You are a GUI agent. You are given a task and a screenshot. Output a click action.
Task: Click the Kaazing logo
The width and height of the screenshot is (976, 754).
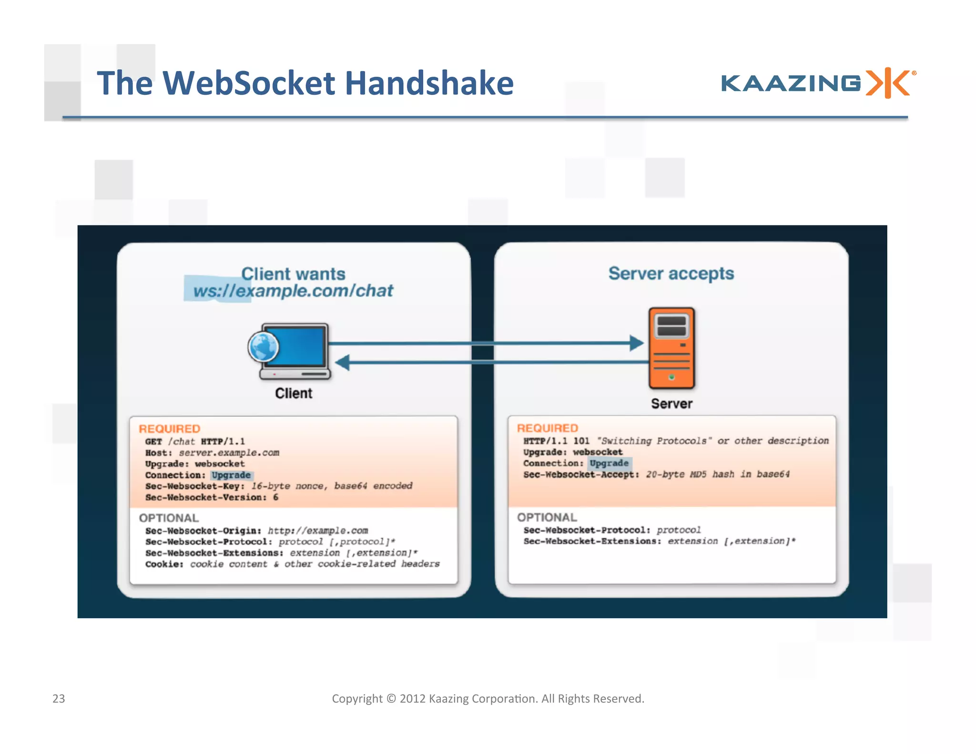click(818, 83)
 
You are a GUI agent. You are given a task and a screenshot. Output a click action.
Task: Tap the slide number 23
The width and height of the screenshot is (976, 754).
click(59, 698)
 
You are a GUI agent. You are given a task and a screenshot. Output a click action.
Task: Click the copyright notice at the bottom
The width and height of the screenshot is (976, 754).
click(488, 698)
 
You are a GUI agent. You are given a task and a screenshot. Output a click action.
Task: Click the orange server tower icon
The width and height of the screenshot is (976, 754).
click(671, 348)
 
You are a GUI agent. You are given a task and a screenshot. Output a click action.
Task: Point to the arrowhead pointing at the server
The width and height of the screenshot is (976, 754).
click(636, 343)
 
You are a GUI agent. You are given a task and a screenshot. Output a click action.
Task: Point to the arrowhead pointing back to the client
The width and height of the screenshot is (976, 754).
click(343, 363)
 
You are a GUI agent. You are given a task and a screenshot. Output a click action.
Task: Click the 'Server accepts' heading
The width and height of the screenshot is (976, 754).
click(671, 274)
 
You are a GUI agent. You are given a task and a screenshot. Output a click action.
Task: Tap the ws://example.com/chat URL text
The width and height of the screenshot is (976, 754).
click(293, 291)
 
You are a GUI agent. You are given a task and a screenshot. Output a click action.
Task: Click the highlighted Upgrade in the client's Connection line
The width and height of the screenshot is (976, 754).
click(231, 475)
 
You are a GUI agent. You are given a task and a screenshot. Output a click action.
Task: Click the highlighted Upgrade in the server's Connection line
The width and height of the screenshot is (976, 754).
click(609, 463)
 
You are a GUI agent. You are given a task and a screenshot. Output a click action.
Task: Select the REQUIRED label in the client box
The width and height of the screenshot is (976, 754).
click(169, 428)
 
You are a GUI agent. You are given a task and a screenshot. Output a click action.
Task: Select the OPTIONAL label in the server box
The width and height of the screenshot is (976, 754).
click(547, 517)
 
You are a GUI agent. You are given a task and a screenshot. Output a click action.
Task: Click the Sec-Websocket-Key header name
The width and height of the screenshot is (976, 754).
click(194, 486)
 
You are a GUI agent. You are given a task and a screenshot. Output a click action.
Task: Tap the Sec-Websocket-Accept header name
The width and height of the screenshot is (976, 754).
click(581, 474)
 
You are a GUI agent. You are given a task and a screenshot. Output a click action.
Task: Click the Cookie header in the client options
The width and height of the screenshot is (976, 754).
click(164, 564)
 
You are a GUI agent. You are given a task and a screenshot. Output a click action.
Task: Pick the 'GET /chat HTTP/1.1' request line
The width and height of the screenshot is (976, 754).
click(195, 441)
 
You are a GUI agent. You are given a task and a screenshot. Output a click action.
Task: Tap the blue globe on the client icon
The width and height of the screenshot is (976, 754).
click(263, 347)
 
